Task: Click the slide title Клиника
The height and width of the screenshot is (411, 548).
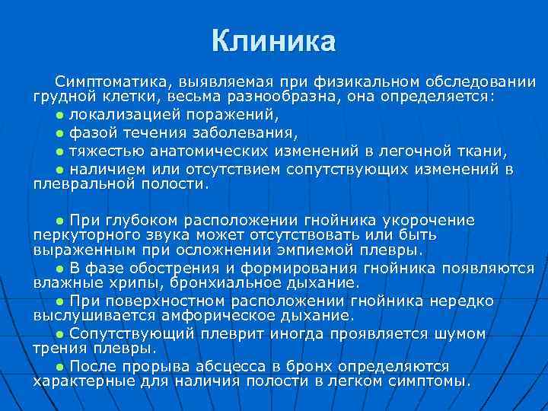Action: point(273,42)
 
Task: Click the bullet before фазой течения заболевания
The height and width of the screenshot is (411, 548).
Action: point(60,133)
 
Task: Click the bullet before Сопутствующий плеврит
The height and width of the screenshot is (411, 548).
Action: point(60,334)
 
